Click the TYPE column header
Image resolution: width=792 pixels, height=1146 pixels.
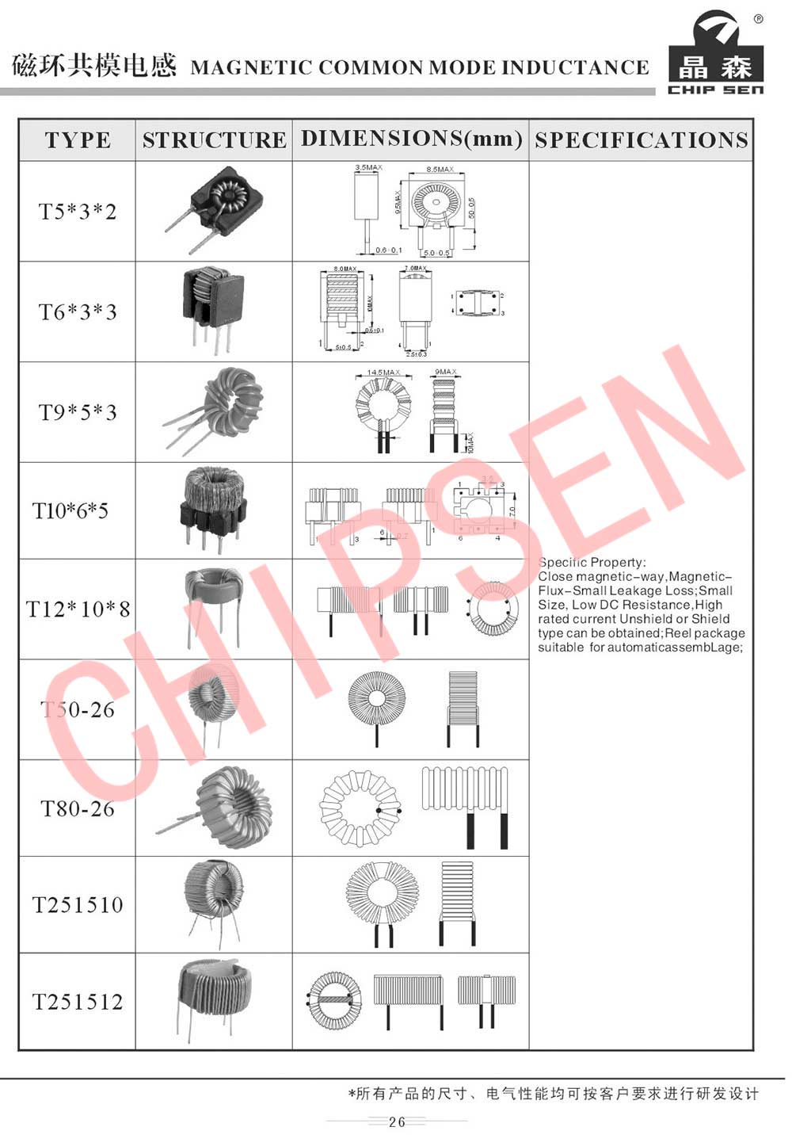[x=78, y=140]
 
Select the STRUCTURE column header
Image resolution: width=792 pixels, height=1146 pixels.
[x=214, y=140]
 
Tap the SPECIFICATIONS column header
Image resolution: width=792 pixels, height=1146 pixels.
[x=641, y=140]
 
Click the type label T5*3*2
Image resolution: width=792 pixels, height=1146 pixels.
[x=78, y=212]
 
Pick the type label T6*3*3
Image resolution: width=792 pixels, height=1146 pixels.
[x=78, y=311]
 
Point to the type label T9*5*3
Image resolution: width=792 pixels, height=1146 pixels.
[x=78, y=412]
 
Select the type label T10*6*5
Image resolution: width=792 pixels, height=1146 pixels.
[x=70, y=510]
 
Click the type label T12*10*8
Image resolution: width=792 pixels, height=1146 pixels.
[x=78, y=609]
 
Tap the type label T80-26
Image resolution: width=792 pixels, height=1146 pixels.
[x=78, y=808]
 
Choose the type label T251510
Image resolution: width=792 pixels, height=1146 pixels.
[x=78, y=904]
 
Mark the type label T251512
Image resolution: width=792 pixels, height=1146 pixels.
[x=78, y=1002]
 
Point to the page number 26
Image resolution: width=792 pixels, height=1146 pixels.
[x=397, y=1121]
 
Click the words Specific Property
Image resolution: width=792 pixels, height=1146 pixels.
[x=592, y=562]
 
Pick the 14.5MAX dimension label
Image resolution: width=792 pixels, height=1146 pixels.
[x=383, y=372]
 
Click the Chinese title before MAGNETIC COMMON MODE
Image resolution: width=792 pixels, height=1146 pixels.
[x=94, y=66]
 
